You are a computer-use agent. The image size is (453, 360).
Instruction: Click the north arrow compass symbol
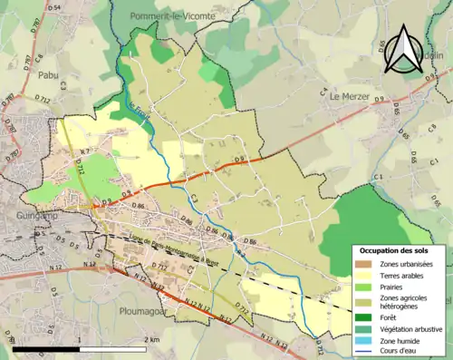tap(404, 50)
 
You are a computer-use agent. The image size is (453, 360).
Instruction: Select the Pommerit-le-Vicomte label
tap(169, 16)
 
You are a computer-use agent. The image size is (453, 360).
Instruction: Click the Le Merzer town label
tap(349, 95)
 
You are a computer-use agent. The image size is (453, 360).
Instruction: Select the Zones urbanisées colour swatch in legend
tap(363, 264)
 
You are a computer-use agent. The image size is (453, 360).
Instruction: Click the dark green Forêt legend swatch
tap(363, 317)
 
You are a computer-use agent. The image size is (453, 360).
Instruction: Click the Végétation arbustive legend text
tap(411, 329)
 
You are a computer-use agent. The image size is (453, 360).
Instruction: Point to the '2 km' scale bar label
tap(152, 339)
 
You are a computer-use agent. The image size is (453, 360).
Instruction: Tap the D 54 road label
tap(53, 7)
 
